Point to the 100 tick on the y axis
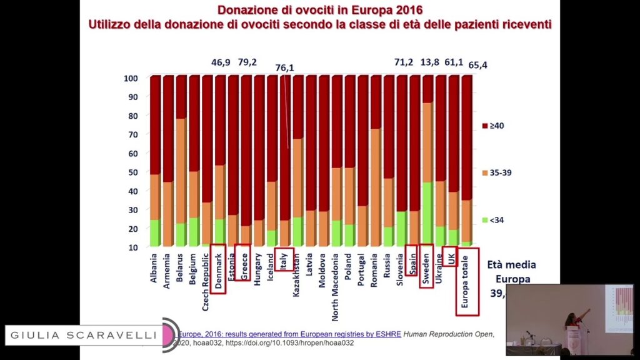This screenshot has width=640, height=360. point(131,78)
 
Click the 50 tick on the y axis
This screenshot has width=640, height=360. point(132,172)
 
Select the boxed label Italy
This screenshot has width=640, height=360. point(283,260)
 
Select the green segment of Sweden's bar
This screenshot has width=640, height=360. point(427,212)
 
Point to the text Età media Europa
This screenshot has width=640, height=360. point(511,271)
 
